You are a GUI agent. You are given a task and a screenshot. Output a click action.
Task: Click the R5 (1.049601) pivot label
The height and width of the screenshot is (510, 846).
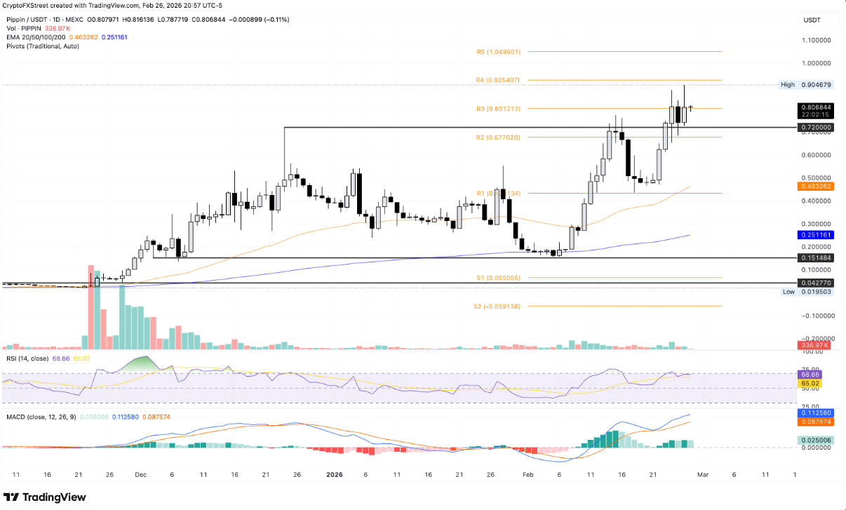pyautogui.click(x=499, y=52)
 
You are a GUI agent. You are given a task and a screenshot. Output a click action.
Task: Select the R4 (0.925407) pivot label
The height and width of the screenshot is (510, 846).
pyautogui.click(x=499, y=80)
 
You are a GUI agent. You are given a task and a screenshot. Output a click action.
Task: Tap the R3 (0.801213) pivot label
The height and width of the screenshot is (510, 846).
pyautogui.click(x=499, y=109)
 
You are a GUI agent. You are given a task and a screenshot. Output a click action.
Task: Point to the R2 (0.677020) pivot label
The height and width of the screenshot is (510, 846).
pyautogui.click(x=499, y=137)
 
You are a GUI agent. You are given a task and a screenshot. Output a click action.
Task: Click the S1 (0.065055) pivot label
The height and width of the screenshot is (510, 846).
pyautogui.click(x=499, y=278)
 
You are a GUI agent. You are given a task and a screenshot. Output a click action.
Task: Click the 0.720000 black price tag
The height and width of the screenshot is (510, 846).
pyautogui.click(x=814, y=128)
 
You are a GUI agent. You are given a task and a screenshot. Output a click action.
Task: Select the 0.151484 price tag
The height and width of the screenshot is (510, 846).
pyautogui.click(x=814, y=258)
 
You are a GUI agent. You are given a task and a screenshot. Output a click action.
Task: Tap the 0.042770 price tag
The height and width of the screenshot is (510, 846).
pyautogui.click(x=814, y=283)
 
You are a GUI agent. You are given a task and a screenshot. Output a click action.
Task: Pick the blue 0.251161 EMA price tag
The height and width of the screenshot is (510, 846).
pyautogui.click(x=814, y=234)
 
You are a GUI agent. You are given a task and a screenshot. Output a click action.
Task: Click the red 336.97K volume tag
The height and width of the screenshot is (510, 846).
pyautogui.click(x=814, y=346)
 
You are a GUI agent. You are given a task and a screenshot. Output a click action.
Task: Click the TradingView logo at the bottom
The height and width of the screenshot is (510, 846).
pyautogui.click(x=46, y=497)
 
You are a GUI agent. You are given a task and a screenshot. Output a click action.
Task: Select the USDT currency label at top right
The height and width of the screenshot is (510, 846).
pyautogui.click(x=812, y=20)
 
